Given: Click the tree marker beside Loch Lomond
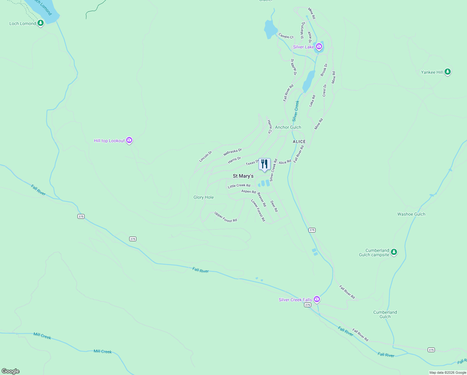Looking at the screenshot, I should [x=40, y=23].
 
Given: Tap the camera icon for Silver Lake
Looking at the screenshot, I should [x=319, y=47].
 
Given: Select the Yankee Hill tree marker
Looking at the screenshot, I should [x=448, y=72].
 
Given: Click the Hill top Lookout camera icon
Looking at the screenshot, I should [x=129, y=140].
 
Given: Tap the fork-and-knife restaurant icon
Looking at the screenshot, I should [x=264, y=164].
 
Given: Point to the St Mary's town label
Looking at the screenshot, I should [x=243, y=176].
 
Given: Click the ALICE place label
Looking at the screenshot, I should [x=299, y=142].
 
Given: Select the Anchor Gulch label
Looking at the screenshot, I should [x=288, y=127].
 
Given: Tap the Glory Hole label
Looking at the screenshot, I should [x=204, y=197].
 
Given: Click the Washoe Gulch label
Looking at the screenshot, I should [x=411, y=214].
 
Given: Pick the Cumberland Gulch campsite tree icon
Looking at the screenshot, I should [x=394, y=252].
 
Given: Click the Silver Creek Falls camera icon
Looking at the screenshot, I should [x=317, y=299].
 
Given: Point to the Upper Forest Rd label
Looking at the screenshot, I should [x=226, y=217].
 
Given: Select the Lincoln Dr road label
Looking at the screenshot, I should [x=205, y=157].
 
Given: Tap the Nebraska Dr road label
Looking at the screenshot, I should [x=233, y=152].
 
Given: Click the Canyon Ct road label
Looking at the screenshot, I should [x=286, y=36].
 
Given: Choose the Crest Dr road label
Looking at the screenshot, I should [x=325, y=90].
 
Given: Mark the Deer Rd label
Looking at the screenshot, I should [x=274, y=206].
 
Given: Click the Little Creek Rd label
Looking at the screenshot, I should [x=239, y=186].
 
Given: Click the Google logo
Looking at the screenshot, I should [x=11, y=371].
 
